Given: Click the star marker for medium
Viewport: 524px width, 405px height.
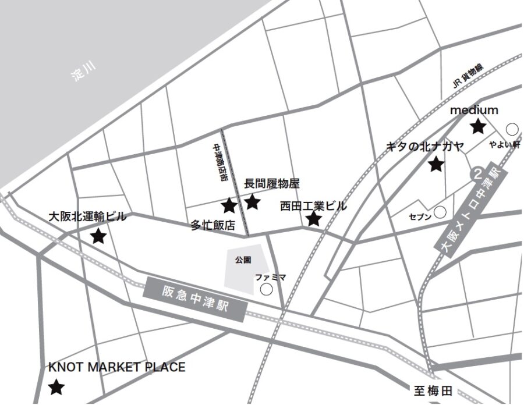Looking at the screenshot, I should (478, 126).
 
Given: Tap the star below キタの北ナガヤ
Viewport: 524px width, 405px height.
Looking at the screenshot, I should (436, 165).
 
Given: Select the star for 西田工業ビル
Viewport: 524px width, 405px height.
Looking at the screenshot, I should (314, 219).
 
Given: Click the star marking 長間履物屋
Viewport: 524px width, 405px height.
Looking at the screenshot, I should (252, 202).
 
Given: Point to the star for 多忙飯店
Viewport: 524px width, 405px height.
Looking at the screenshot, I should (229, 205).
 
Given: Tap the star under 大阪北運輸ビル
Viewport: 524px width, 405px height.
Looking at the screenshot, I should (98, 236).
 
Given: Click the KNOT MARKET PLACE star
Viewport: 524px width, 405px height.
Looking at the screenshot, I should (56, 387).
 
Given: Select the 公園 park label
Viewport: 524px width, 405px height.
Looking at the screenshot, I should (243, 260).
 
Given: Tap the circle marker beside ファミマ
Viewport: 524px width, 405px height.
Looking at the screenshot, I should (267, 289).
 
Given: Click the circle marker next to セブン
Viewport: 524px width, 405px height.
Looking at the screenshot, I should (441, 214).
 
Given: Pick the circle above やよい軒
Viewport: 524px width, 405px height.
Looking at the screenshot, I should (512, 129).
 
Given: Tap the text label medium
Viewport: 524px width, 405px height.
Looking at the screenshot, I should (475, 110).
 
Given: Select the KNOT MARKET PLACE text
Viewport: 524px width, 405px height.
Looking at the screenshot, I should (116, 367).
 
